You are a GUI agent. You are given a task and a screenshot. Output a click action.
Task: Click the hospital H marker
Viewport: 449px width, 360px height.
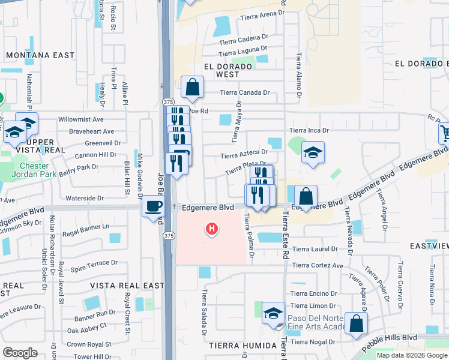211,229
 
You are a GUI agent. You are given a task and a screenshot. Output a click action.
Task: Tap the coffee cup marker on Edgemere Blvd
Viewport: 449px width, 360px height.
153,206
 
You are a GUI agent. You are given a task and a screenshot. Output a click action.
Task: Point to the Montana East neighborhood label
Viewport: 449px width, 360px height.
40,55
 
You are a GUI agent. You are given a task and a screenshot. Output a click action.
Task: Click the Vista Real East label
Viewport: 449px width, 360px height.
127,286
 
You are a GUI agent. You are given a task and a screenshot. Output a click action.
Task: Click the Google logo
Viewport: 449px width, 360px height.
20,353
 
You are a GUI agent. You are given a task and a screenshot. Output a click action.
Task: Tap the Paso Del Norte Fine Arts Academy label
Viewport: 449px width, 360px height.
317,322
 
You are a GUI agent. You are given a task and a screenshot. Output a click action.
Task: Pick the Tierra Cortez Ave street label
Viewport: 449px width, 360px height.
318,265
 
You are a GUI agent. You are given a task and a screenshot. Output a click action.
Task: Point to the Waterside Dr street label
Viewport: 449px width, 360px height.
84,198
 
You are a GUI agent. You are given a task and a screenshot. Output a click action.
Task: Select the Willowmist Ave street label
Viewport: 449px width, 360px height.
82,119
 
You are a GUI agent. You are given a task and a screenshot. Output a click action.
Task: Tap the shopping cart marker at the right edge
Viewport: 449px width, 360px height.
444,133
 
